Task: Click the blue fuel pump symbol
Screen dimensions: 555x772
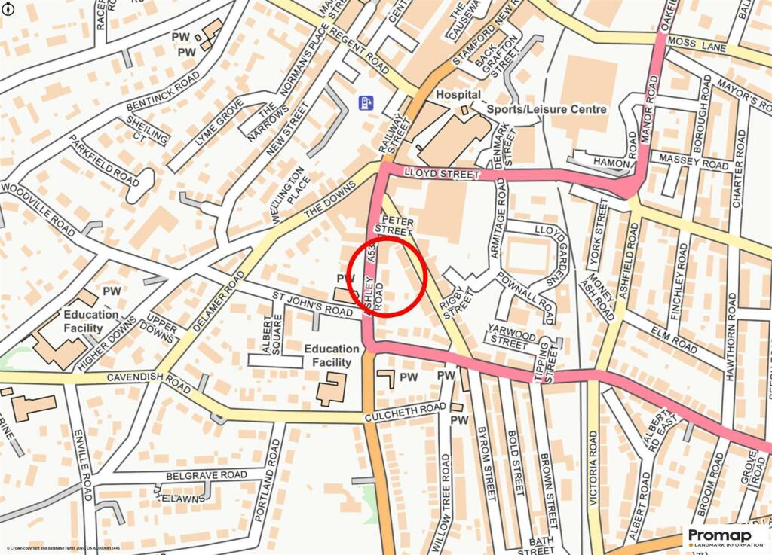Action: (x=366, y=102)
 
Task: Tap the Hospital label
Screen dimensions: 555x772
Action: (x=458, y=95)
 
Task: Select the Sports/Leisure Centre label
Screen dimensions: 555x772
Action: (x=547, y=109)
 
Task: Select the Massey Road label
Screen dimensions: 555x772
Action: (x=694, y=160)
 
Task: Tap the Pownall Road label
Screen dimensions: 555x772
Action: (x=526, y=294)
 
